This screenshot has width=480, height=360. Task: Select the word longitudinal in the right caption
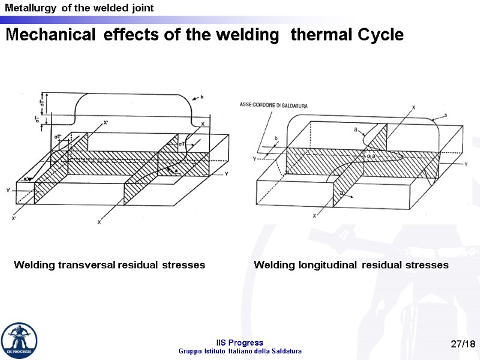[x=327, y=265]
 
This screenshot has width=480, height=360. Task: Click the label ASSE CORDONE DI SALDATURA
[x=274, y=106]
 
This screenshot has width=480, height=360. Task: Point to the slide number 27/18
[x=463, y=344]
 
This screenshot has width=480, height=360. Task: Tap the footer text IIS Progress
[x=240, y=343]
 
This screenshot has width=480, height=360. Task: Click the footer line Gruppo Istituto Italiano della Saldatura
[x=240, y=351]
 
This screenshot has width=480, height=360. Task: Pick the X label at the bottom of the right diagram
[x=314, y=216]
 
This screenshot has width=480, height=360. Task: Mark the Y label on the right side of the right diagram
[x=466, y=163]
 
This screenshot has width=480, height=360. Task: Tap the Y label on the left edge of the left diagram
[x=8, y=191]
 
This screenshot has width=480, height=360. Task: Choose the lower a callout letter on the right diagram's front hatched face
[x=341, y=193]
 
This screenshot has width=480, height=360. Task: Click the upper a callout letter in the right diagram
[x=357, y=129]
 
